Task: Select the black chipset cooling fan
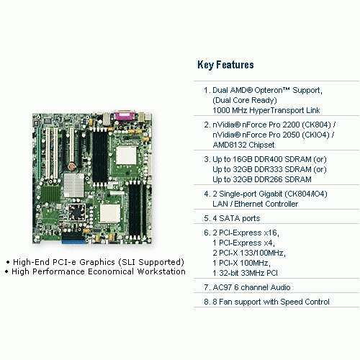(77, 212)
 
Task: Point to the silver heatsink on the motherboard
(74, 185)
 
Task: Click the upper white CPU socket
(126, 156)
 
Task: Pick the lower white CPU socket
(110, 214)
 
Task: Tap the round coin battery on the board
(71, 166)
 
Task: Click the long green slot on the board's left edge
(39, 153)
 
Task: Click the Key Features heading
(225, 65)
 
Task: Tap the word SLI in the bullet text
(129, 262)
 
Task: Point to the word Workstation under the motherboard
(161, 271)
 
